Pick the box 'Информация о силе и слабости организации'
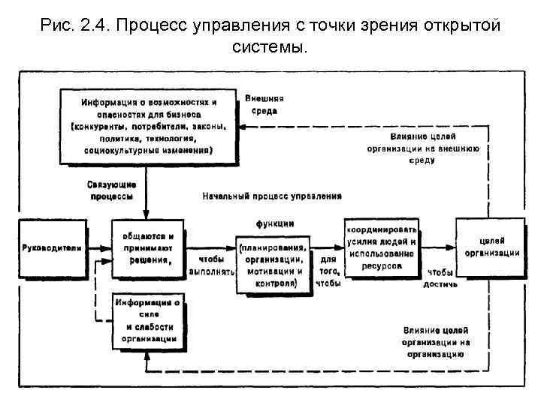click(147, 321)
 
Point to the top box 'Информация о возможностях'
click(149, 126)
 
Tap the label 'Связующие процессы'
click(112, 190)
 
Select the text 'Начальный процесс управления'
click(272, 196)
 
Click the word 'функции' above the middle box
click(274, 223)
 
